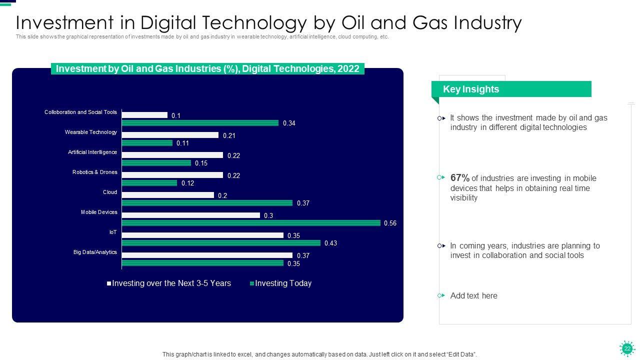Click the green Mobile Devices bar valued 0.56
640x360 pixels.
point(251,223)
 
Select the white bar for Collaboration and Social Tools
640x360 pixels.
point(144,115)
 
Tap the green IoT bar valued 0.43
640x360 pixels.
point(221,243)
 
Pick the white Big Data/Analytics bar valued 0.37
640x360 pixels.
point(207,255)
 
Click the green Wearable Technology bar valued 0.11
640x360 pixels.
point(147,143)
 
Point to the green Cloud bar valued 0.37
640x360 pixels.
point(207,203)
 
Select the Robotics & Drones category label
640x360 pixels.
point(94,172)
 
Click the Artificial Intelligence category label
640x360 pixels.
point(92,152)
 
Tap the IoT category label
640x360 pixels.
point(113,232)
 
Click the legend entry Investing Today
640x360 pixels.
point(283,283)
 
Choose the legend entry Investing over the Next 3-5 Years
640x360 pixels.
point(171,283)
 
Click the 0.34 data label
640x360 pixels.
point(289,123)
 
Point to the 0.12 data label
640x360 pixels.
point(187,183)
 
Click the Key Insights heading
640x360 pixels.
point(471,89)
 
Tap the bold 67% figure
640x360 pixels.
point(459,178)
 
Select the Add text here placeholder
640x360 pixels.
point(473,295)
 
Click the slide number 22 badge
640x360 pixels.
point(627,348)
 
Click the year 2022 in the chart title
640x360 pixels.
point(348,69)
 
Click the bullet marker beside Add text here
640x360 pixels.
point(441,295)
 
